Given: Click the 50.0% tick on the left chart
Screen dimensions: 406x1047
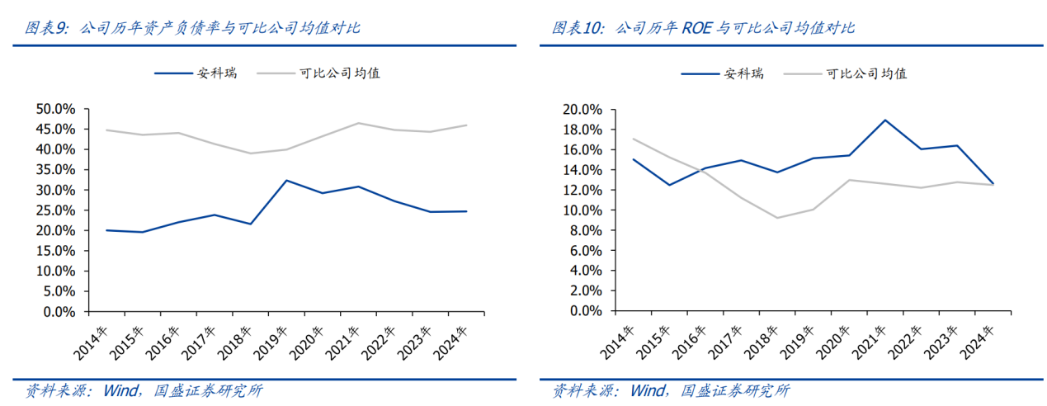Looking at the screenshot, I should point(56,109).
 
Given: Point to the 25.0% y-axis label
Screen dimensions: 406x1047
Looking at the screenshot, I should point(56,210).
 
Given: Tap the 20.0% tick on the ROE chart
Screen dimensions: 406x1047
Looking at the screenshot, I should point(582,109).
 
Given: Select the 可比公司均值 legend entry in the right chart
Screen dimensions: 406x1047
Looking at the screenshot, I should point(866,73).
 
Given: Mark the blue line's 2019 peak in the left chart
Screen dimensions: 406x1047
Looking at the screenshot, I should point(285,180).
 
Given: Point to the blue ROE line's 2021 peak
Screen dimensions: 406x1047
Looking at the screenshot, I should point(884,120).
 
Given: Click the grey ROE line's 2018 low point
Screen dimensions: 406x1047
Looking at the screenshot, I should point(777,218).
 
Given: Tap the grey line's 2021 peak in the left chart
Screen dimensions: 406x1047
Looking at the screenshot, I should point(357,123).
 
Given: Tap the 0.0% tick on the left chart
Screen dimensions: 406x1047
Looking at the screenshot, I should point(59,312).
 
